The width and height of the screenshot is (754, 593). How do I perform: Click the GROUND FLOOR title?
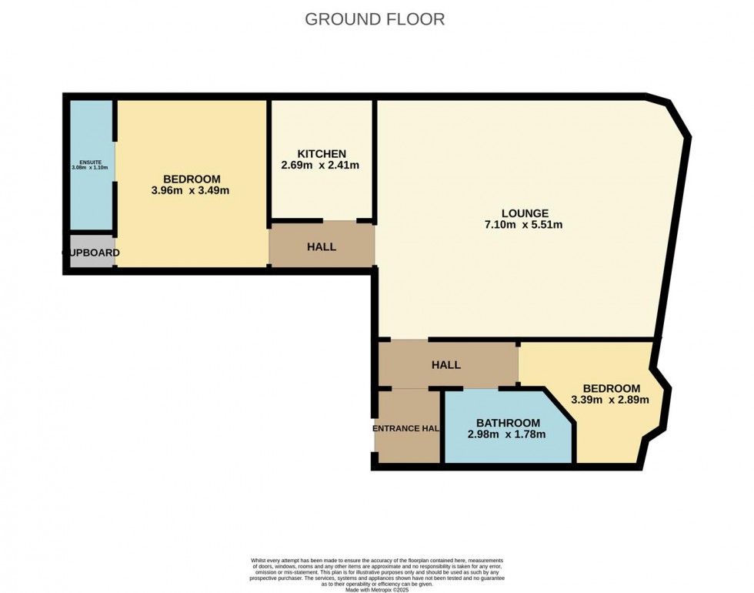pos(375,19)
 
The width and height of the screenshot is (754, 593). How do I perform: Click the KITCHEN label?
pos(321,153)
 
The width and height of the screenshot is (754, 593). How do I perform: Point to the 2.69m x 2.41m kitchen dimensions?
pos(321,165)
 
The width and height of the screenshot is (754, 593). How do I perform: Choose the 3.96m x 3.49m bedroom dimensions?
pos(191,190)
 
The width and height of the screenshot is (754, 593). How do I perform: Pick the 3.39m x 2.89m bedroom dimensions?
pos(610,400)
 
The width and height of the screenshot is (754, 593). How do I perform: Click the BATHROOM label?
pos(507,423)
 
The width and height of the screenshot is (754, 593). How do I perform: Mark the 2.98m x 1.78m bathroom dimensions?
pos(507,434)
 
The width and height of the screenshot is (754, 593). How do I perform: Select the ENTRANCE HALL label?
pos(406,428)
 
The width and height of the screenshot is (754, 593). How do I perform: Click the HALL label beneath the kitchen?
pos(321,247)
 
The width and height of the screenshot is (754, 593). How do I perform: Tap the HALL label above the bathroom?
pos(447,364)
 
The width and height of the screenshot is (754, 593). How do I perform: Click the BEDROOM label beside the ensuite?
pos(191,179)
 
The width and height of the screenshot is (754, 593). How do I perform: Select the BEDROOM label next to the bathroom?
pos(611,388)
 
